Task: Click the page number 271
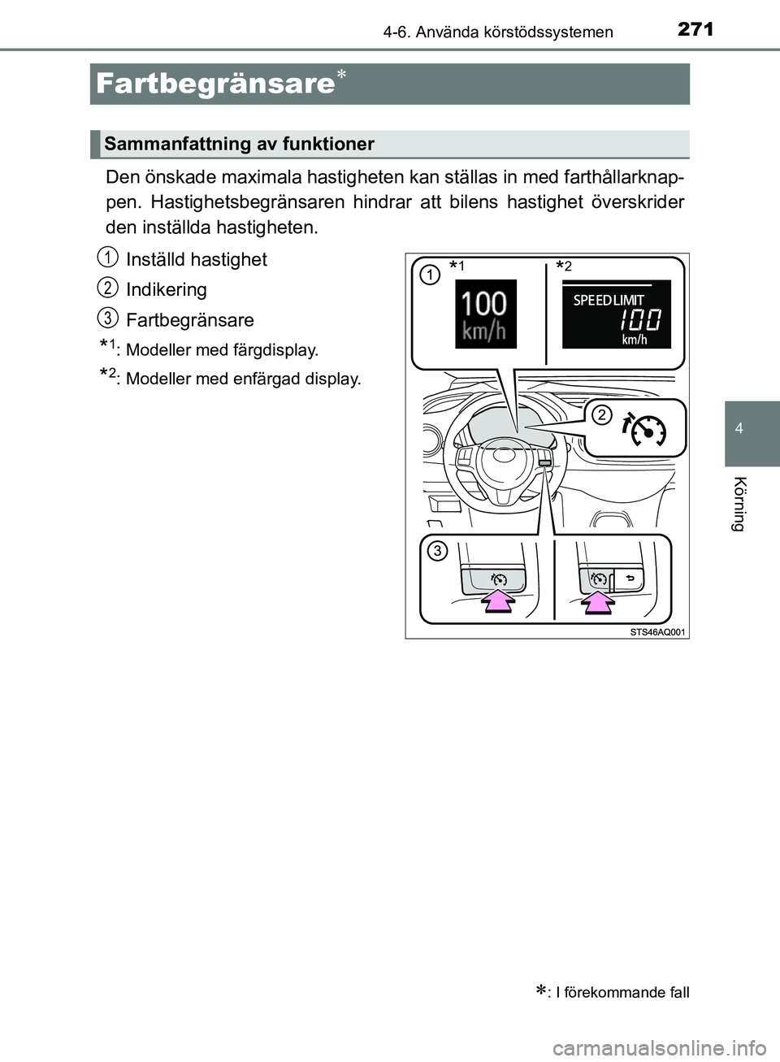pos(695,29)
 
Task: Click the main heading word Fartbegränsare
pos(215,84)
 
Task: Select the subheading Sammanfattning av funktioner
pos(239,144)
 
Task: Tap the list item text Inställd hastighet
pos(196,259)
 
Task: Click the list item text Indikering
pos(167,289)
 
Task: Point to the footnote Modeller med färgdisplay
pos(222,350)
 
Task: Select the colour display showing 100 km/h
pos(485,314)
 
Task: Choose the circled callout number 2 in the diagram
pos(601,415)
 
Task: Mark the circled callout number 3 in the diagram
pos(437,551)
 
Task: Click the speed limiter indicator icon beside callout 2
pos(644,429)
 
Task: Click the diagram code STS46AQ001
pos(657,631)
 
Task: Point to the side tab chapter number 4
pos(739,428)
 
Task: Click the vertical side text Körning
pos(739,504)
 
